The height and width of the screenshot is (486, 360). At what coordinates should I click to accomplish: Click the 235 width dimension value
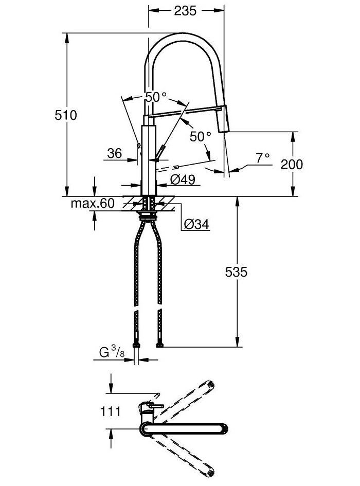click(186, 10)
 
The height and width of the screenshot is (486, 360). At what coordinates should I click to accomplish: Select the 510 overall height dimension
click(66, 115)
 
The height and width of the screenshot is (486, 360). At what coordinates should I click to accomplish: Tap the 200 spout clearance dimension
click(292, 164)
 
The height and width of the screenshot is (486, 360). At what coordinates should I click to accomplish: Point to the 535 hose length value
click(236, 272)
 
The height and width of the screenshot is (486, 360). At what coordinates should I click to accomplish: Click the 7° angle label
click(263, 158)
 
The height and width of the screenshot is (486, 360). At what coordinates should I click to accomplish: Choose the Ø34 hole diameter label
click(196, 224)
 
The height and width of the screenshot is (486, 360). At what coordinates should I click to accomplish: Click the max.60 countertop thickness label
click(93, 204)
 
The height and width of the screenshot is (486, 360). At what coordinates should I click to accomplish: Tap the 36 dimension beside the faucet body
click(114, 153)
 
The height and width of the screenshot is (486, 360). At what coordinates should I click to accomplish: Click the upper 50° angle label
click(155, 96)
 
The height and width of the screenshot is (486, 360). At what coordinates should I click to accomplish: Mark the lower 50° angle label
click(201, 136)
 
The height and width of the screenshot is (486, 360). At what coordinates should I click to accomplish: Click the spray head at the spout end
click(224, 120)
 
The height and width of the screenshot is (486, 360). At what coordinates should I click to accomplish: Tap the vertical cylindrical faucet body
click(148, 154)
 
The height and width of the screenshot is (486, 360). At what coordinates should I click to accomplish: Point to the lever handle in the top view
click(152, 407)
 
